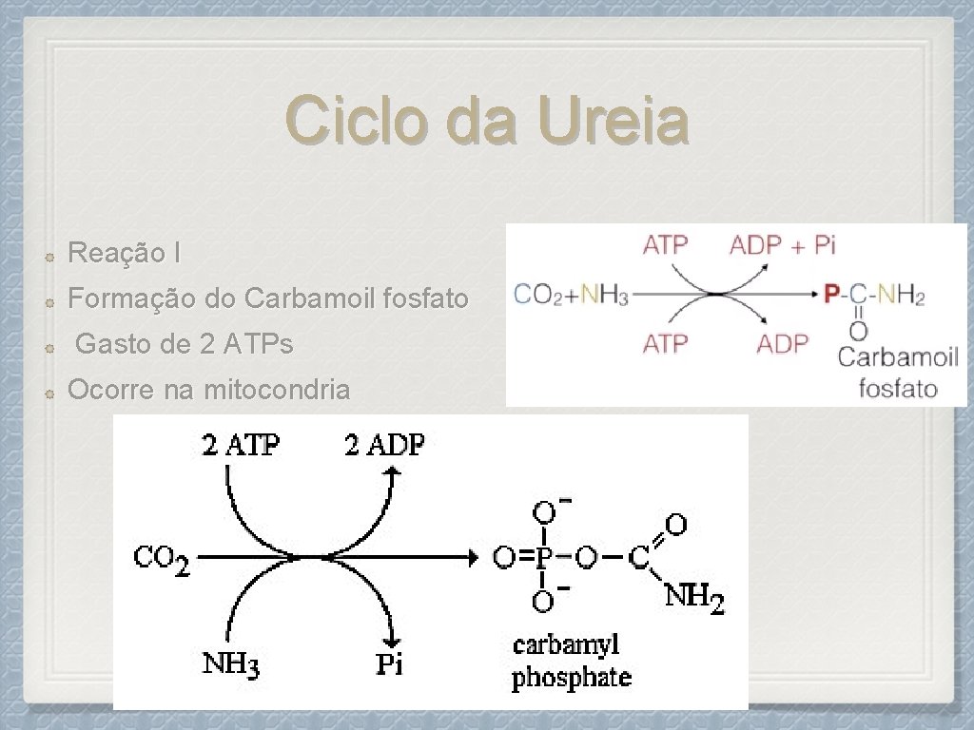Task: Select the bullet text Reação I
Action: (x=124, y=254)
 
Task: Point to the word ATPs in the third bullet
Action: (x=259, y=344)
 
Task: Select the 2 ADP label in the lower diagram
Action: (x=383, y=444)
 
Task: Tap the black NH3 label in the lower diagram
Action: (x=231, y=662)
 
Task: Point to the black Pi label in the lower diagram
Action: (x=389, y=663)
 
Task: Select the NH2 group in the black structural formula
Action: (x=693, y=598)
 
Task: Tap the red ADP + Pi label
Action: (x=782, y=245)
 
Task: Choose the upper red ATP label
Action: (x=665, y=245)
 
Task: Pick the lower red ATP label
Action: (x=665, y=343)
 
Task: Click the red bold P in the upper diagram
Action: (x=831, y=295)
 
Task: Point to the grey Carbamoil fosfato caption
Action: (x=898, y=372)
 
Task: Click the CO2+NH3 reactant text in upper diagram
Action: (x=571, y=295)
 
